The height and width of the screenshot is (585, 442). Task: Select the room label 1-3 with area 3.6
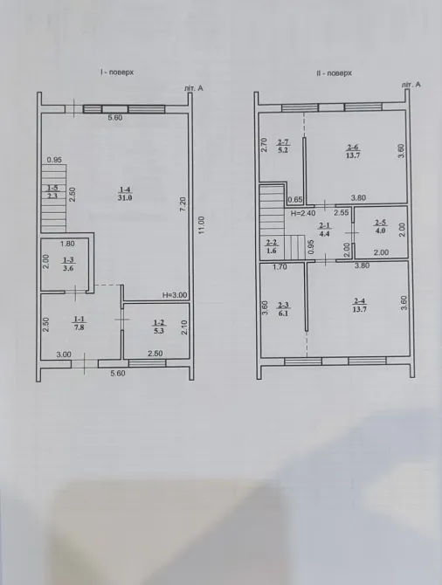click(68, 265)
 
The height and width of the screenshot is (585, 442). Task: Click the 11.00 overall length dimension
click(201, 231)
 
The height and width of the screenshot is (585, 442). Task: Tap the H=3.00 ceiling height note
click(175, 296)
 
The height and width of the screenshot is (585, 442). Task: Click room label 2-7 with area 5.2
click(282, 147)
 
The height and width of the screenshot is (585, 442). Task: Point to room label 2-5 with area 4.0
click(380, 226)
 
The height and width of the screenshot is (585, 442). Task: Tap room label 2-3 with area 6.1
click(282, 308)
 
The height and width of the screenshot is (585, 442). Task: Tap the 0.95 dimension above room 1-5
click(54, 160)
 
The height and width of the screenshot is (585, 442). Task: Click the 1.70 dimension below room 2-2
click(279, 268)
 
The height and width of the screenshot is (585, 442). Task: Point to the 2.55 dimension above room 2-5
click(342, 212)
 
